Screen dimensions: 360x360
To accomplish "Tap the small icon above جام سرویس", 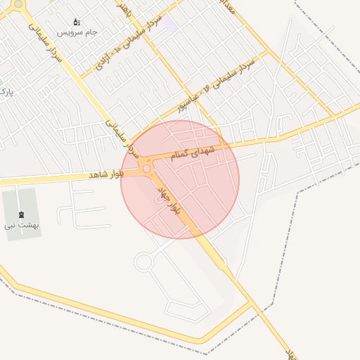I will click(x=77, y=22).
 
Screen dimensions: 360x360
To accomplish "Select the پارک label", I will click(x=5, y=92).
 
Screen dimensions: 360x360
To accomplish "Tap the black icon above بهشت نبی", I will click(x=20, y=214).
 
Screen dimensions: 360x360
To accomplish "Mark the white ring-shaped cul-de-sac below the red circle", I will click(x=143, y=262).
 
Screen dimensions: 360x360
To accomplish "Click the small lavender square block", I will click(x=171, y=25).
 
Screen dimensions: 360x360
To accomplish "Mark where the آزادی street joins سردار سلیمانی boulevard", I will click(x=83, y=76).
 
